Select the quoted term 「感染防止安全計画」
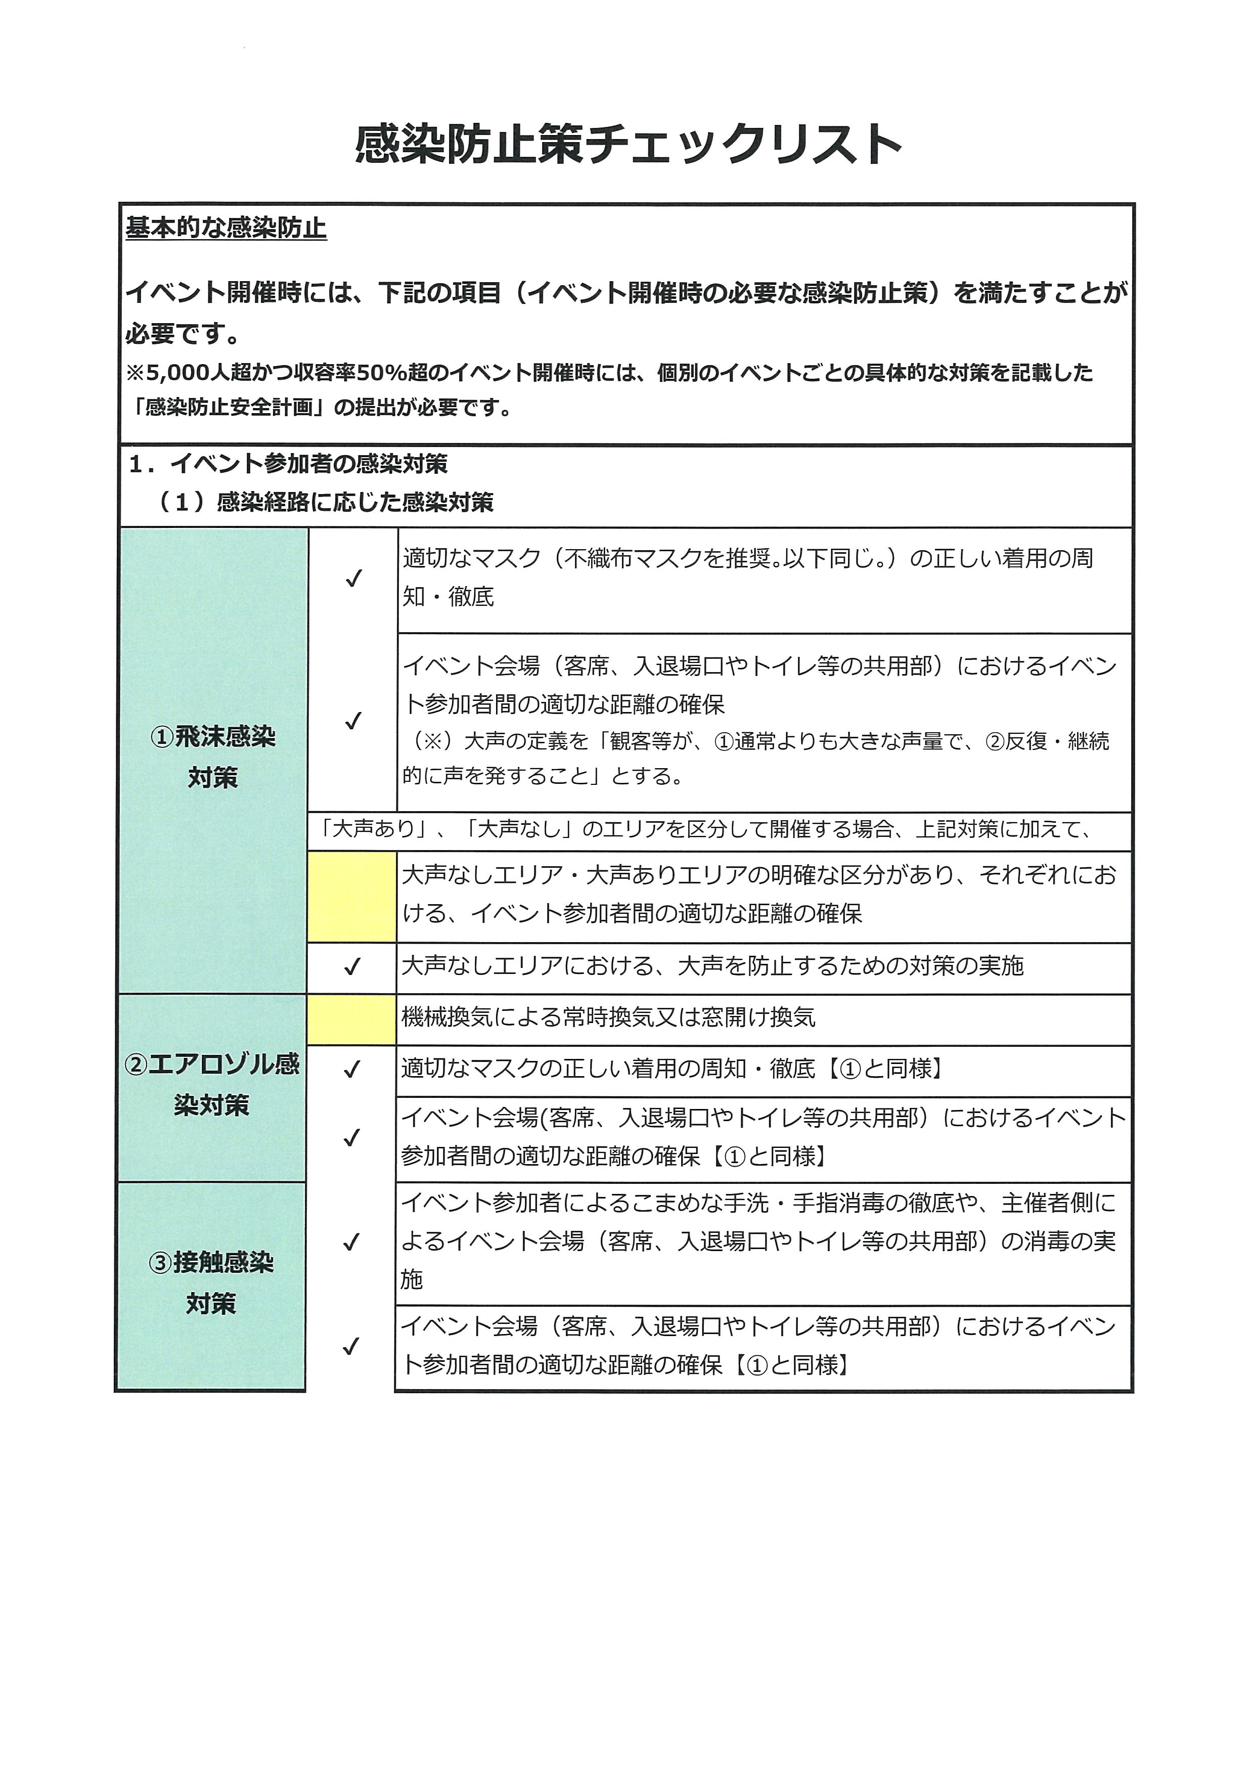point(228,408)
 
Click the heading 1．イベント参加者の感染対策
point(288,464)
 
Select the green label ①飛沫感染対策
point(212,758)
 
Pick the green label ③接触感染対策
point(211,1283)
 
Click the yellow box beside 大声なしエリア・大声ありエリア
point(351,897)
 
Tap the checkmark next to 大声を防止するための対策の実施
point(352,967)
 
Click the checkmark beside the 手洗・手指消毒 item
point(351,1242)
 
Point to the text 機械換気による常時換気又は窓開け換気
point(608,1018)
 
